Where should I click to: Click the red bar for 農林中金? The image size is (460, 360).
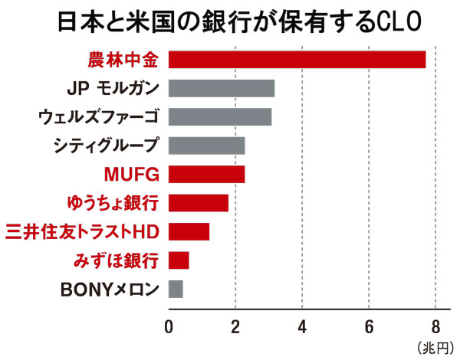(297, 59)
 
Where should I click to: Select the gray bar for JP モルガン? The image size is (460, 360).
(221, 88)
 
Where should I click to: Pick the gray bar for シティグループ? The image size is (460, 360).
(206, 146)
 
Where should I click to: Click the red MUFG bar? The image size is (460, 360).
(206, 174)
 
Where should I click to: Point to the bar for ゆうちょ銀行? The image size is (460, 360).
(198, 203)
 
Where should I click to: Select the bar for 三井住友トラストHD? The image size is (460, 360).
(189, 231)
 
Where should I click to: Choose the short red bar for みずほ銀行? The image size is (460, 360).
(179, 260)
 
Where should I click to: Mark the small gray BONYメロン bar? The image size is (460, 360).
(176, 289)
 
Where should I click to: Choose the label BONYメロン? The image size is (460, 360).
(110, 290)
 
